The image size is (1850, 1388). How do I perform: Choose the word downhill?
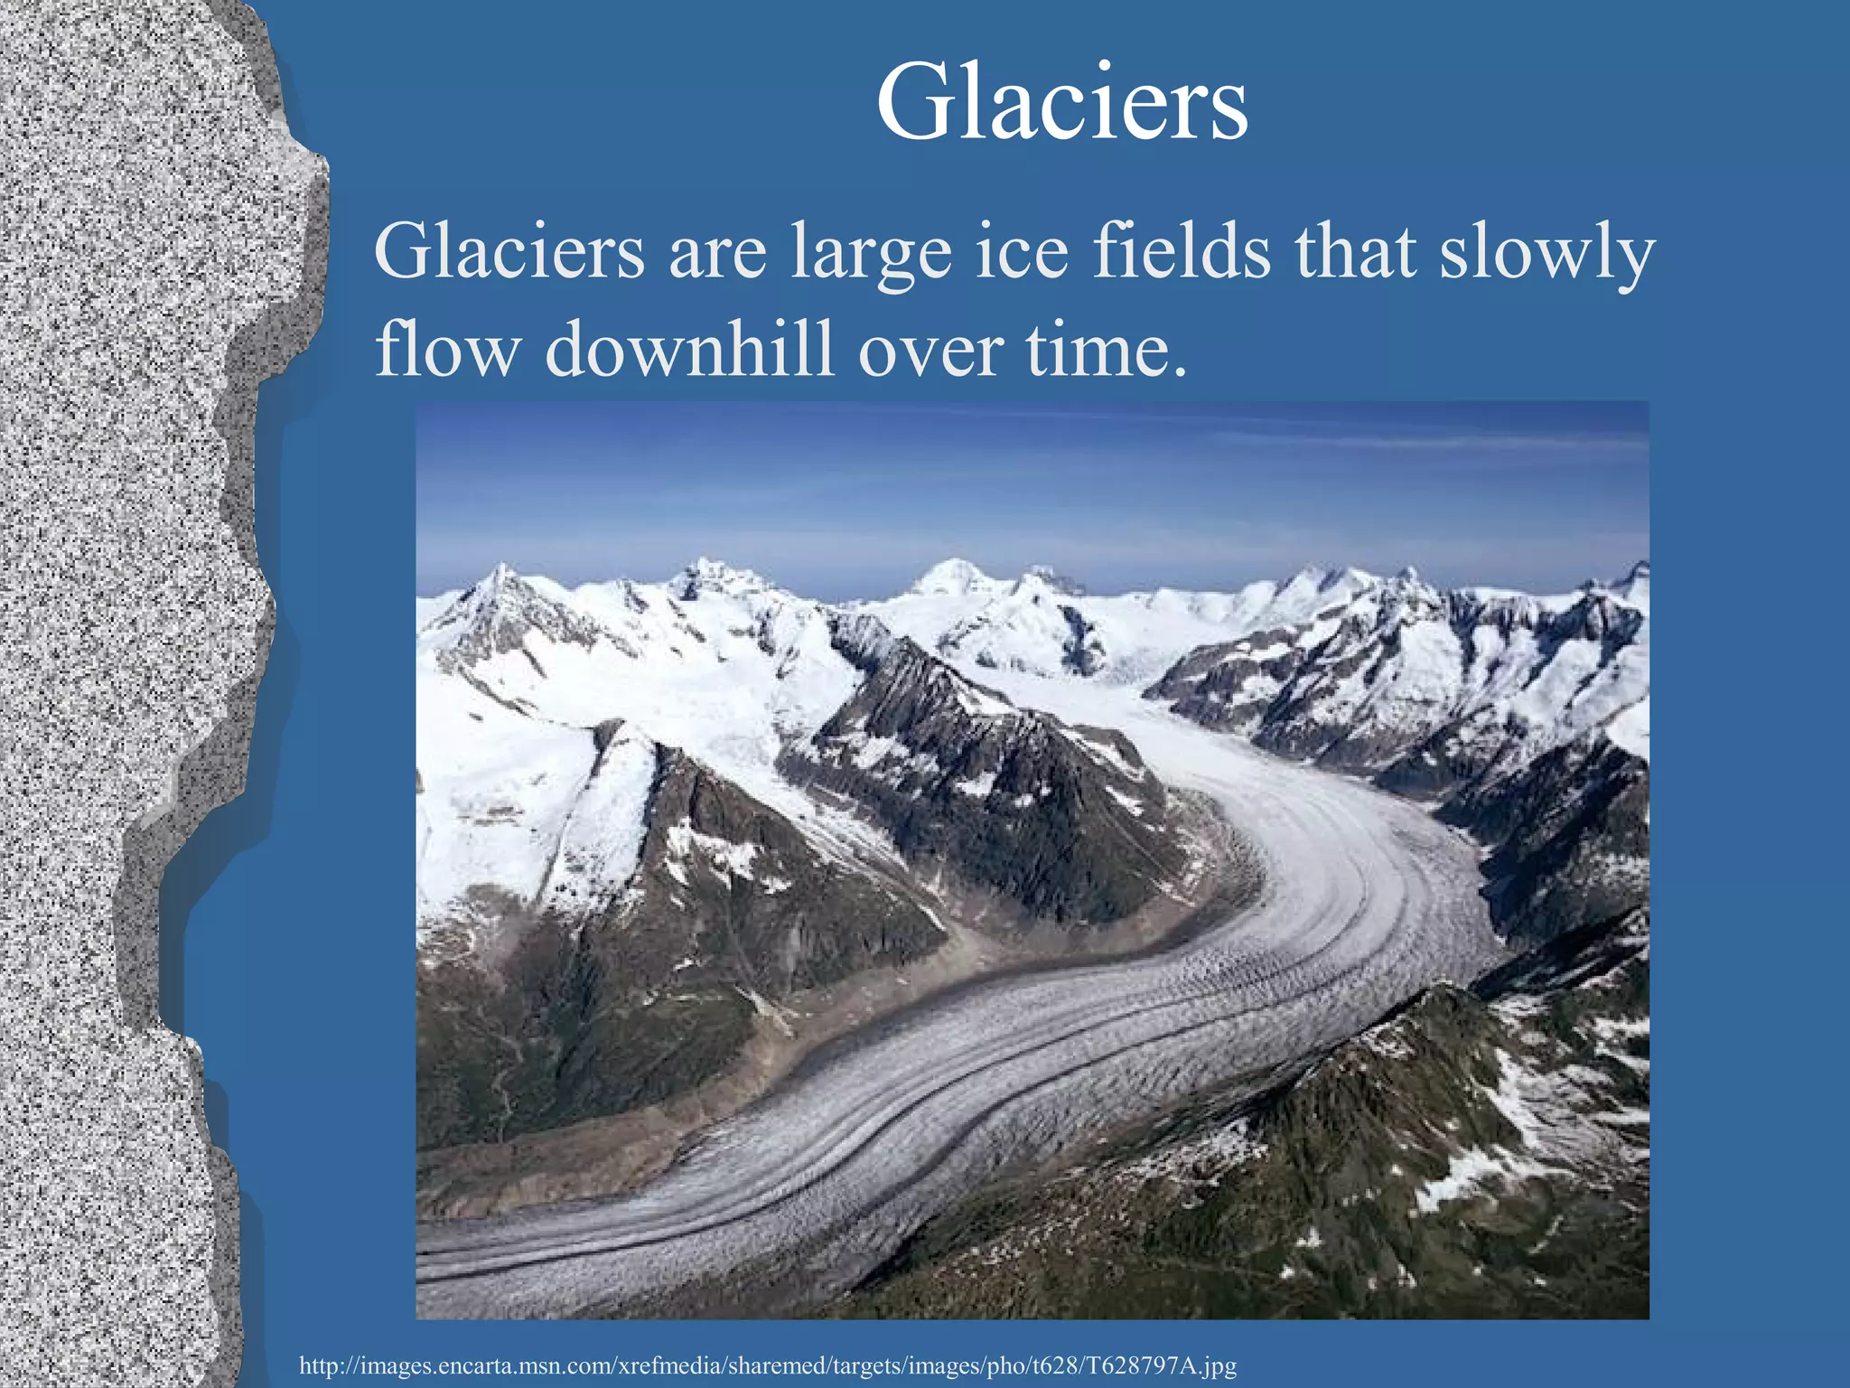[x=689, y=349]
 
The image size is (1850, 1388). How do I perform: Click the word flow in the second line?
[x=444, y=349]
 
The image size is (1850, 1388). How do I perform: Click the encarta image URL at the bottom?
[x=767, y=1365]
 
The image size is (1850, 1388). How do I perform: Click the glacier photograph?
[x=1032, y=858]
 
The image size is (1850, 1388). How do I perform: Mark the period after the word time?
[x=1178, y=370]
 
